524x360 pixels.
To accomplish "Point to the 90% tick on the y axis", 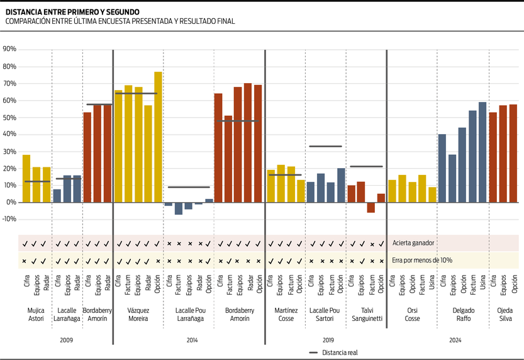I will tap(9, 49).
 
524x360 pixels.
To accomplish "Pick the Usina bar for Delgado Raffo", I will tap(482, 152).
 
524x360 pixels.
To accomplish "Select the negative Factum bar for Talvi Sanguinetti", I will tap(371, 208).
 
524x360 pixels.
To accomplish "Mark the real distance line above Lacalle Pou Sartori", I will tap(325, 146).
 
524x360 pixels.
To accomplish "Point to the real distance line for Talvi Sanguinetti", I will tap(366, 166).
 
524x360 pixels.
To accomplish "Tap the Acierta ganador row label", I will tap(413, 243).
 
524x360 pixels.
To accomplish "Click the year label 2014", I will tap(188, 340).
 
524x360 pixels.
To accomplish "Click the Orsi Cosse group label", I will tap(413, 314).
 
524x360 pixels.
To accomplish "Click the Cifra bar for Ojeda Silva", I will tap(493, 157).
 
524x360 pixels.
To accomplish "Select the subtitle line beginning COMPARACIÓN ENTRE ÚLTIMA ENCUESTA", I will tap(120, 21).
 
